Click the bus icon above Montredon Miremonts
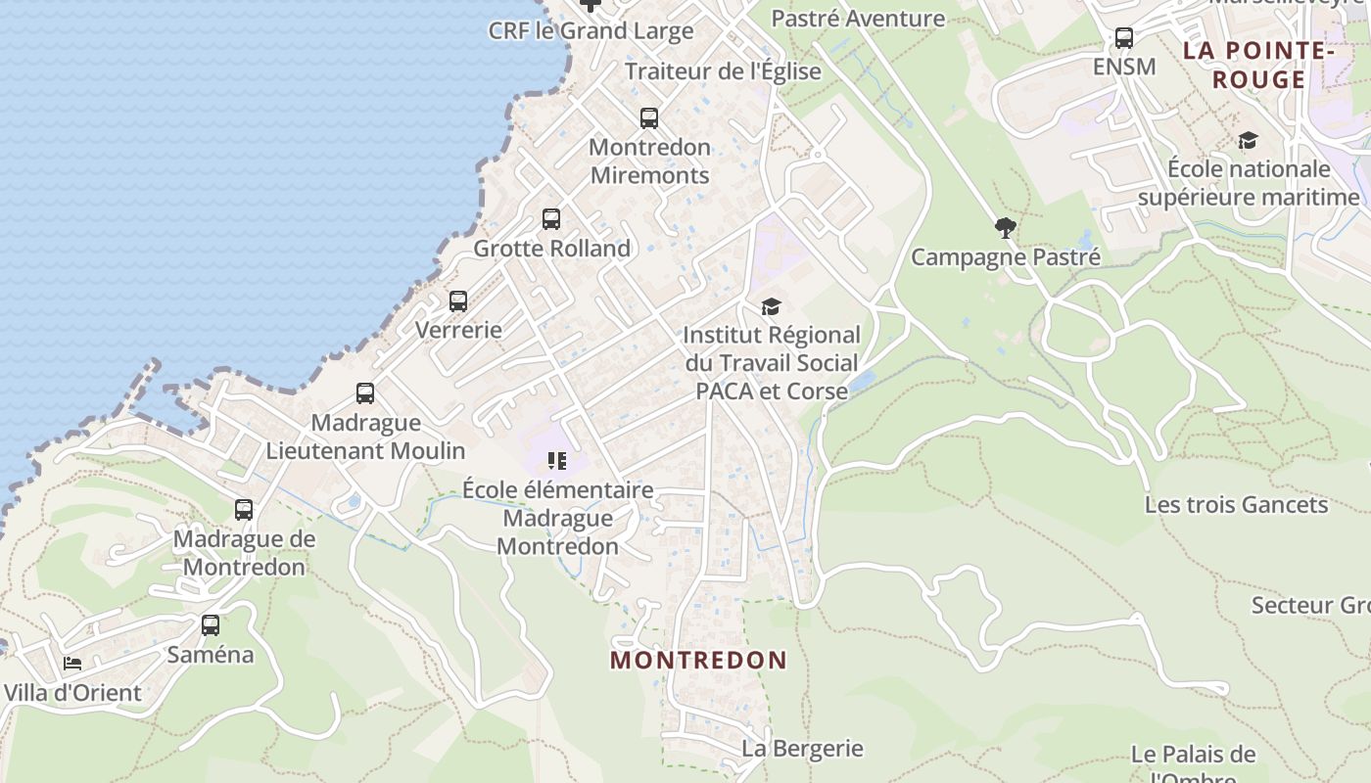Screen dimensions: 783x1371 (x=648, y=118)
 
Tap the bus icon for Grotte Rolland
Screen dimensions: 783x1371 (x=551, y=219)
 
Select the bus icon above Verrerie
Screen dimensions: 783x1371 (x=458, y=301)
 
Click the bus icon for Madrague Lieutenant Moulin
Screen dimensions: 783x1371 (x=365, y=393)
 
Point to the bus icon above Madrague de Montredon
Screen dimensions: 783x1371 (x=244, y=510)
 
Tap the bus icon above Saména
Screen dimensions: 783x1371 (x=211, y=625)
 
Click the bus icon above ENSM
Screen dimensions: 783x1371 (x=1124, y=38)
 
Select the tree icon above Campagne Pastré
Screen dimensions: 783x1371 (x=1005, y=229)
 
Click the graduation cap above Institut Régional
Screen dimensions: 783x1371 (x=772, y=307)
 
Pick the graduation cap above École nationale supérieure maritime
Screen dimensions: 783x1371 (x=1248, y=141)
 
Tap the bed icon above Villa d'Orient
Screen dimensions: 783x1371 (x=72, y=664)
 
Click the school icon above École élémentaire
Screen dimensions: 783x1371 (x=557, y=460)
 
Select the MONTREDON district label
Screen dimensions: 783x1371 (x=698, y=660)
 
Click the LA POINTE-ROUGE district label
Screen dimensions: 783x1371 (x=1258, y=65)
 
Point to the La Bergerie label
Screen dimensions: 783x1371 (x=802, y=749)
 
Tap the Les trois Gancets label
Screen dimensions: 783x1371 (x=1236, y=505)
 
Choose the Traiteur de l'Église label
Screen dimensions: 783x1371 (x=723, y=71)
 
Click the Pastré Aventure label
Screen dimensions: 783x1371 (x=858, y=19)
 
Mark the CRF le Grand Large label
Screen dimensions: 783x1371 (x=591, y=30)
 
